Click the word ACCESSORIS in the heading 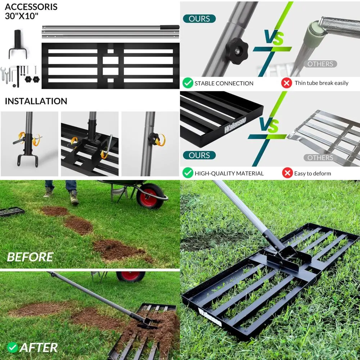coord(31,7)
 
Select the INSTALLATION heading coord(36,101)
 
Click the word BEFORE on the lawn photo coord(30,257)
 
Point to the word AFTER coord(39,347)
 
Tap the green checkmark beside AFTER coord(13,347)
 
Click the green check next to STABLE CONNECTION coord(188,83)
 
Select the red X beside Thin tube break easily coord(287,83)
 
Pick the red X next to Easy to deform coord(287,173)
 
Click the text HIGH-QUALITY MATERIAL coord(229,174)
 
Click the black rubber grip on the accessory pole coord(170,27)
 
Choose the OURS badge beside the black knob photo coord(199,19)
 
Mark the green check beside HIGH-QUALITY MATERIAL coord(188,173)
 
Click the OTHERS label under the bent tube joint coord(320,64)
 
